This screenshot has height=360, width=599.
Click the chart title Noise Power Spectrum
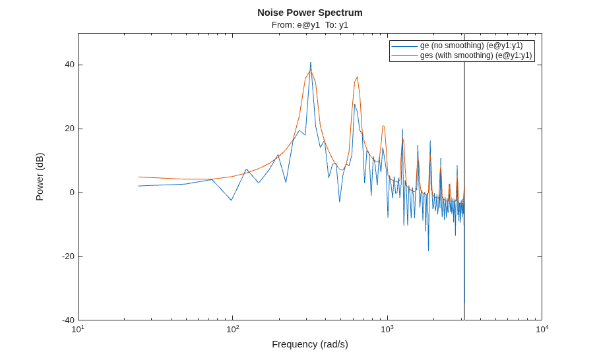(x=310, y=13)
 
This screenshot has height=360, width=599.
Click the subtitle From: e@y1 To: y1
(x=310, y=25)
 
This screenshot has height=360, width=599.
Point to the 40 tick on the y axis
(x=69, y=65)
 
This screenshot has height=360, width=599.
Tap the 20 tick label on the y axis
(x=69, y=129)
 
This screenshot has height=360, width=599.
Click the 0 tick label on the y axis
(x=72, y=193)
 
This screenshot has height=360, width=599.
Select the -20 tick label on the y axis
(x=68, y=256)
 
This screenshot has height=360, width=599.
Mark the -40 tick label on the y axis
(x=68, y=320)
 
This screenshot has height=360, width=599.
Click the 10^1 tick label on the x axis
(x=78, y=329)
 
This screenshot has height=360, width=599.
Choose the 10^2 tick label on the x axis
(x=233, y=329)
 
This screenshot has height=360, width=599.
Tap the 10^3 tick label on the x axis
(x=387, y=329)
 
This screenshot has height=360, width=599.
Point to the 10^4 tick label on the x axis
(x=542, y=329)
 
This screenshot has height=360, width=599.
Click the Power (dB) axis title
(x=40, y=176)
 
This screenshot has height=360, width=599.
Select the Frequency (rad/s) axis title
(x=310, y=344)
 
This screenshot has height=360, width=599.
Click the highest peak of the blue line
(x=311, y=62)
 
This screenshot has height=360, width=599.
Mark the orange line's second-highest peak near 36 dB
(x=357, y=77)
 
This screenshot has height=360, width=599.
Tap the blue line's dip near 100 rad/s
(x=231, y=200)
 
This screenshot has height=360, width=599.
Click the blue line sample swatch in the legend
(x=404, y=46)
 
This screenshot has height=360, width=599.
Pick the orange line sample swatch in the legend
(x=404, y=56)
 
